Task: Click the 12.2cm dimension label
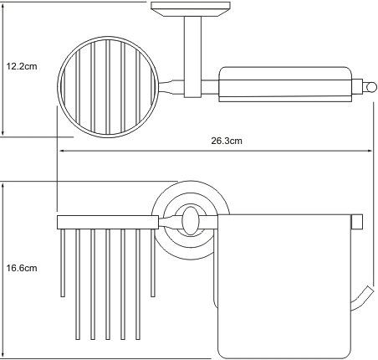pyautogui.click(x=22, y=66)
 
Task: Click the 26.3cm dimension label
pyautogui.click(x=227, y=141)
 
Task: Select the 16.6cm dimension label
pyautogui.click(x=22, y=268)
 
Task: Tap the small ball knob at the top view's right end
pyautogui.click(x=371, y=87)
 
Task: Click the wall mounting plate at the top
pyautogui.click(x=191, y=9)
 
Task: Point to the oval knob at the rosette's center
pyautogui.click(x=191, y=220)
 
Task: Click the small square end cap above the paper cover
pyautogui.click(x=357, y=222)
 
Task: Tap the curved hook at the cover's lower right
pyautogui.click(x=362, y=298)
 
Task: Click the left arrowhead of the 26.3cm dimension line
pyautogui.click(x=63, y=151)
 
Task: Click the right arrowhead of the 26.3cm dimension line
pyautogui.click(x=369, y=151)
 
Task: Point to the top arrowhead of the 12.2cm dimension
pyautogui.click(x=3, y=8)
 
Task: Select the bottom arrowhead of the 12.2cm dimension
pyautogui.click(x=3, y=132)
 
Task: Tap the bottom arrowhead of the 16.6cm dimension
pyautogui.click(x=3, y=354)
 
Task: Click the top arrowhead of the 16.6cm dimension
pyautogui.click(x=3, y=187)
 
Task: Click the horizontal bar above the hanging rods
pyautogui.click(x=108, y=222)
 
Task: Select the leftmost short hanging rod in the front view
pyautogui.click(x=63, y=263)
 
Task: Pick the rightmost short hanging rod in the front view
pyautogui.click(x=153, y=263)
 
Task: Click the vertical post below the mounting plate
pyautogui.click(x=192, y=57)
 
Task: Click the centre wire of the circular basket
pyautogui.click(x=108, y=87)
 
